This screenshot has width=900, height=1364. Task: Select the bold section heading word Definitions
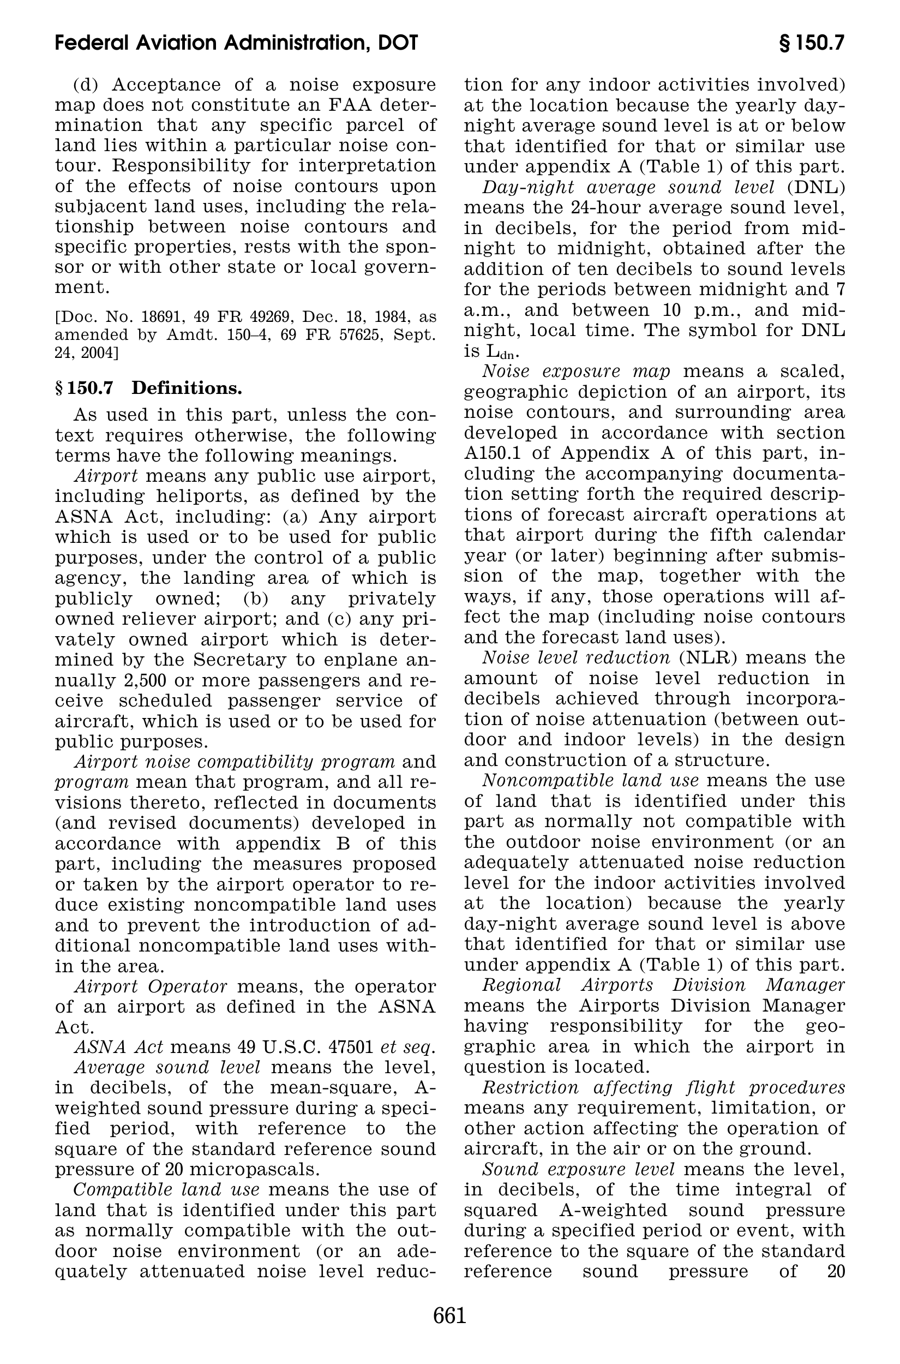click(x=187, y=388)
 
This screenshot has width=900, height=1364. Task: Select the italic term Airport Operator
click(x=152, y=987)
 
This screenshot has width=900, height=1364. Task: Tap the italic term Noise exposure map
click(x=577, y=372)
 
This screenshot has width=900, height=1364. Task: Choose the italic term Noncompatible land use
click(x=591, y=781)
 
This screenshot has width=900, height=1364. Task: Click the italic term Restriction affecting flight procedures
click(x=663, y=1088)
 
